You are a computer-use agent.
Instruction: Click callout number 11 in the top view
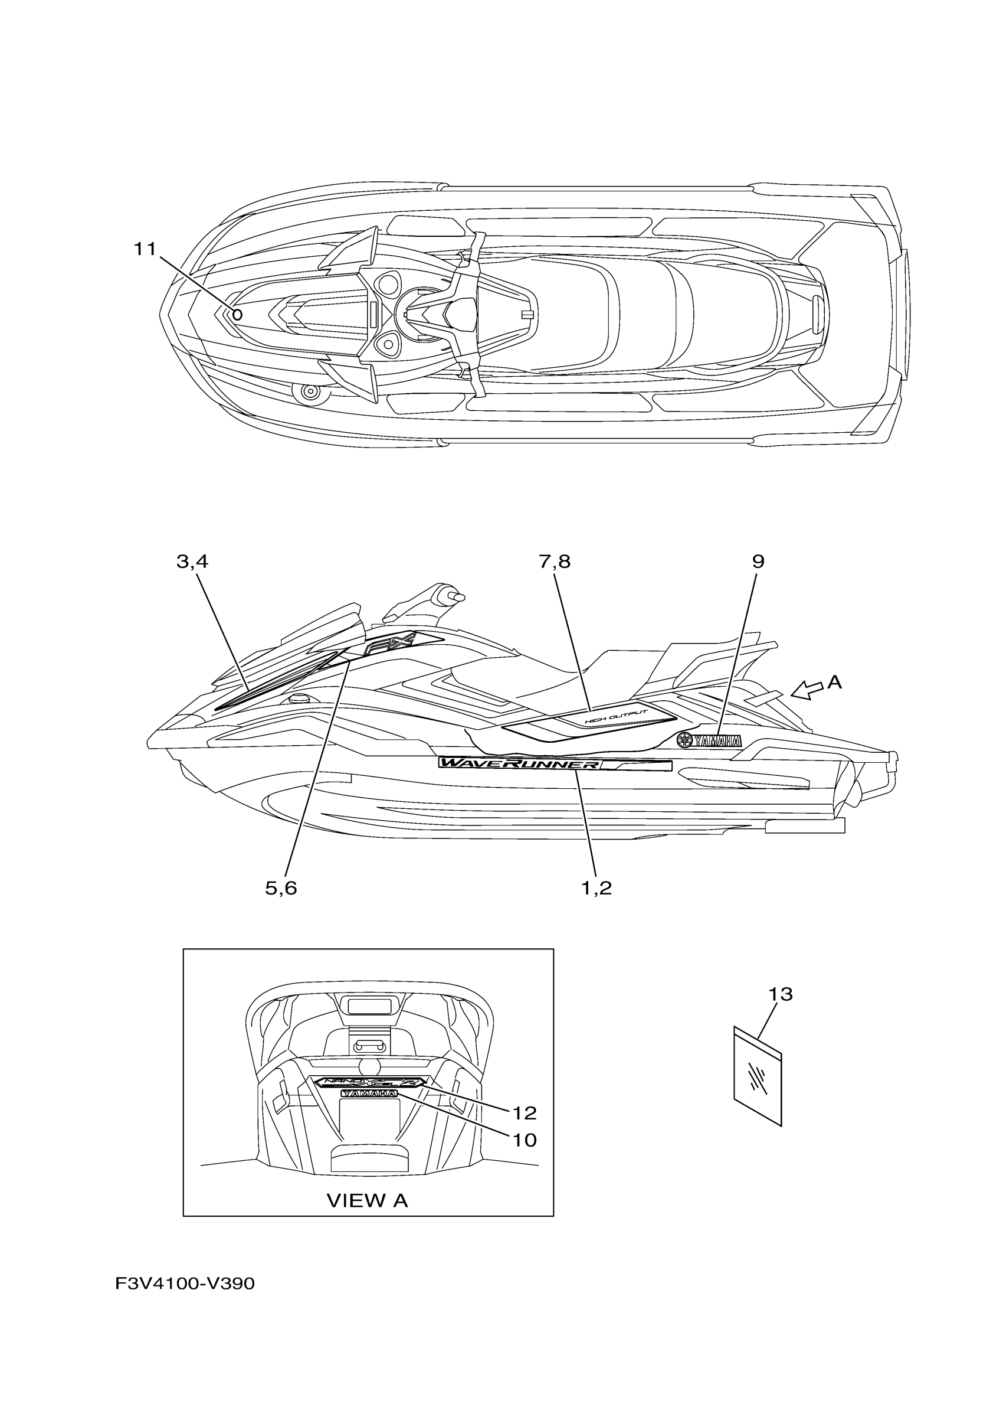pos(145,249)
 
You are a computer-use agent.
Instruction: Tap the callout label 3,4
pos(192,562)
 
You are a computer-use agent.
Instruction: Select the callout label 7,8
pos(555,562)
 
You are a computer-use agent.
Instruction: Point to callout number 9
pos(758,562)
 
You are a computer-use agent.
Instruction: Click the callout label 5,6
pos(281,888)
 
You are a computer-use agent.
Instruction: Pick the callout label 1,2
pos(596,888)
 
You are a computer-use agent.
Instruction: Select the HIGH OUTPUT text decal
pos(616,717)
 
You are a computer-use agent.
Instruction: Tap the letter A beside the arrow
pos(834,682)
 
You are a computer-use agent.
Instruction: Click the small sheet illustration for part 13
pos(758,1077)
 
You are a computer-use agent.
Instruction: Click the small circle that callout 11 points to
pos(237,314)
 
